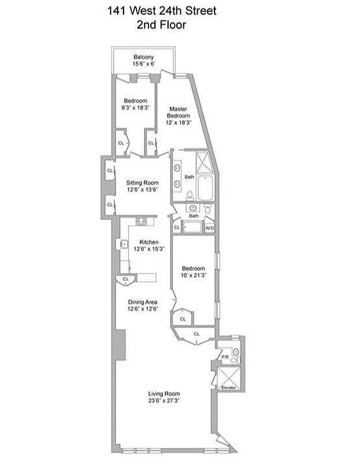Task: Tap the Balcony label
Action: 143,56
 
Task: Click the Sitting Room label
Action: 143,182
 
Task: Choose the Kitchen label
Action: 148,242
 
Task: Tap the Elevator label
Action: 230,387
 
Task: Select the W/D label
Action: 209,229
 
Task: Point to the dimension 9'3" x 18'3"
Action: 136,107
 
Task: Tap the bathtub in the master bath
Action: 206,189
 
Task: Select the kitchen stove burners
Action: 141,220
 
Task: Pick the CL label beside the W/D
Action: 177,227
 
